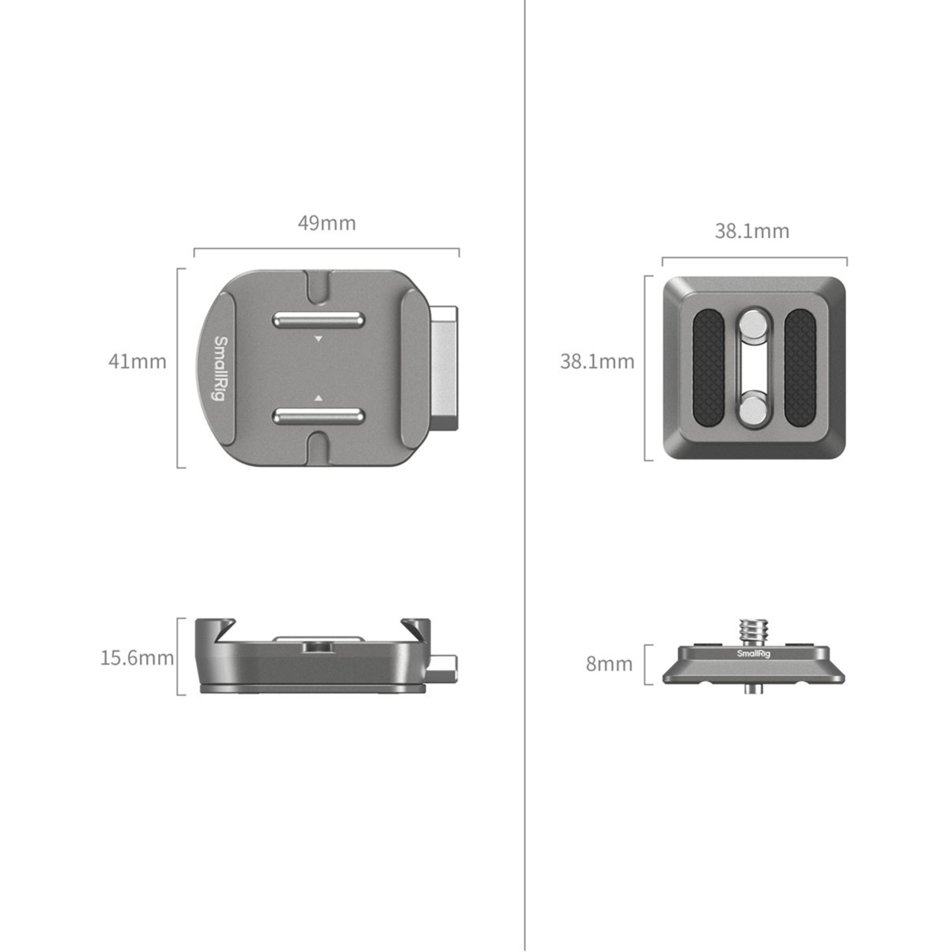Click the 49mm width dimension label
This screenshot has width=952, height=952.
pos(327,223)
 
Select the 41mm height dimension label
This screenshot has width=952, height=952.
pos(137,361)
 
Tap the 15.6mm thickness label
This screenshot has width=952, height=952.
pos(137,658)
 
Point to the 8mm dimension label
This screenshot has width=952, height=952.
pos(609,664)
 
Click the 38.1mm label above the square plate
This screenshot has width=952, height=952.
pos(752,231)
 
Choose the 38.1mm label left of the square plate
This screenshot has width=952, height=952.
pos(597,361)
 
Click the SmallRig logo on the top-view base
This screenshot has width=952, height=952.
pos(219,368)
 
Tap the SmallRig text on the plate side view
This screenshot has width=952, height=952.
pos(753,654)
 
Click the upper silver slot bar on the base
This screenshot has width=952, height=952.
pos(318,319)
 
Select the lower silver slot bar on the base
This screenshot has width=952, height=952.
pos(318,416)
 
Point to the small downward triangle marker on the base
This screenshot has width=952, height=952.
pos(319,340)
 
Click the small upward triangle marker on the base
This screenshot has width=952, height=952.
pos(319,398)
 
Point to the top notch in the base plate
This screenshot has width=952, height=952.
pos(318,286)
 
